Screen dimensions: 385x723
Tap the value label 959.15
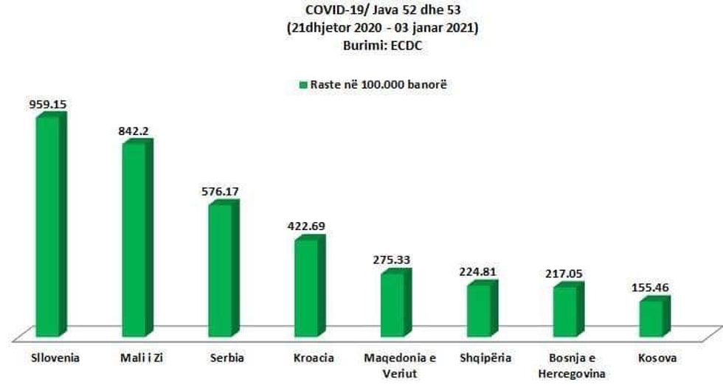coord(48,105)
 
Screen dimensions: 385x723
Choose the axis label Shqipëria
coord(480,358)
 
